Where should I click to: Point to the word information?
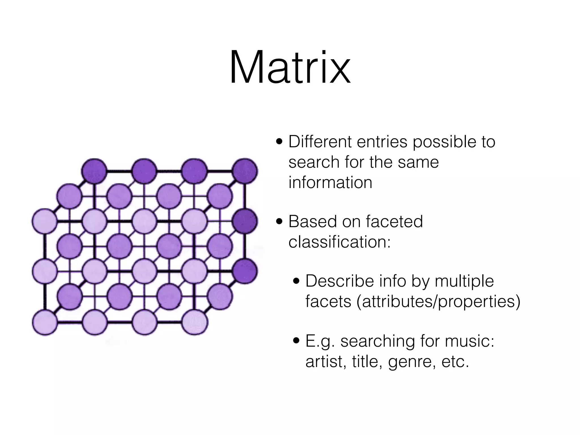(330, 182)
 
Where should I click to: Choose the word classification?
(339, 242)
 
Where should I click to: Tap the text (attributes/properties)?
(438, 301)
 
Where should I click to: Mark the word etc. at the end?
(455, 362)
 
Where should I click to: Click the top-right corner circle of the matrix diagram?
(245, 171)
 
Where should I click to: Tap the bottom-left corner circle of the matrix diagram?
(45, 322)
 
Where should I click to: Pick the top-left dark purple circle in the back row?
(94, 171)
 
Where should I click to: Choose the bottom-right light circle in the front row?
(195, 322)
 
